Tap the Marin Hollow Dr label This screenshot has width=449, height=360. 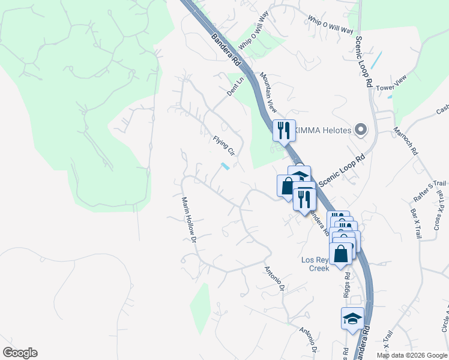tap(190, 220)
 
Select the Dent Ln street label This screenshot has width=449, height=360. tap(236, 86)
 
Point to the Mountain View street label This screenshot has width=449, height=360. tap(268, 92)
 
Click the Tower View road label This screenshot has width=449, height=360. tap(391, 88)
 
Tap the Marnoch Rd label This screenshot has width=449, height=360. tap(405, 141)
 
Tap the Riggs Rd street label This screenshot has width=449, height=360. tap(348, 283)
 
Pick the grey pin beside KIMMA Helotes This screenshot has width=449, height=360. tap(360, 129)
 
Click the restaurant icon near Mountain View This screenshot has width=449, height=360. tap(283, 130)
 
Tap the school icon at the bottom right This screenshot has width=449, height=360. tap(352, 319)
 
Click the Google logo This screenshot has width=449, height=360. tap(20, 353)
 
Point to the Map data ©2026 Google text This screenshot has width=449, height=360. tap(412, 355)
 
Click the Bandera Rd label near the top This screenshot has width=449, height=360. tap(226, 51)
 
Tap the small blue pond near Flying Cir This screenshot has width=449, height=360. tap(224, 166)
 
